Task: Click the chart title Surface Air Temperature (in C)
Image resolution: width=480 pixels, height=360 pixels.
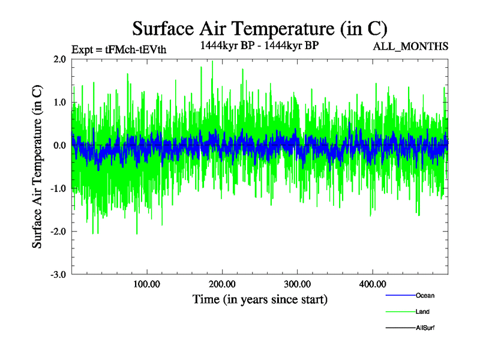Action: [x=260, y=28]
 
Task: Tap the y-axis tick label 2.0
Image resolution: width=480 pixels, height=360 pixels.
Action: [x=59, y=59]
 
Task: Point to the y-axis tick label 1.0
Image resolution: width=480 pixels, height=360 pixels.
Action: [x=59, y=103]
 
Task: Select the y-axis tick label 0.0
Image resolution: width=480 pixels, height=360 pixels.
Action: [x=59, y=146]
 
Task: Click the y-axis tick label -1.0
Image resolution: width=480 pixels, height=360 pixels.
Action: [x=57, y=189]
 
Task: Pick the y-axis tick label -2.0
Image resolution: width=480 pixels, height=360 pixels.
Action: [x=57, y=232]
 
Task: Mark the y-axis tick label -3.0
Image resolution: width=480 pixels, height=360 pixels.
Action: [x=57, y=275]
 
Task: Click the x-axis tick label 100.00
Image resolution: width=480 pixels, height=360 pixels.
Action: [x=146, y=284]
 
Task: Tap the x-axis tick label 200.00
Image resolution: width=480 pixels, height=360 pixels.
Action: [x=222, y=284]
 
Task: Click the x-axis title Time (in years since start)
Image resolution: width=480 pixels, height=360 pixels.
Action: [x=260, y=299]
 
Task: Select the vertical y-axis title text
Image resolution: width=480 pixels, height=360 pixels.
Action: [x=37, y=167]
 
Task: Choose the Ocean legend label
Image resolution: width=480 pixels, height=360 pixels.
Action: [x=425, y=296]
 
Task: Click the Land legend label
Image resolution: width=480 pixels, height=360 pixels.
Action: [x=422, y=312]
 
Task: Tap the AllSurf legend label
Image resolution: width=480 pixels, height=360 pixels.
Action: [x=425, y=328]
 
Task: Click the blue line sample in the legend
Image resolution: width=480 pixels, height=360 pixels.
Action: [x=400, y=296]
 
